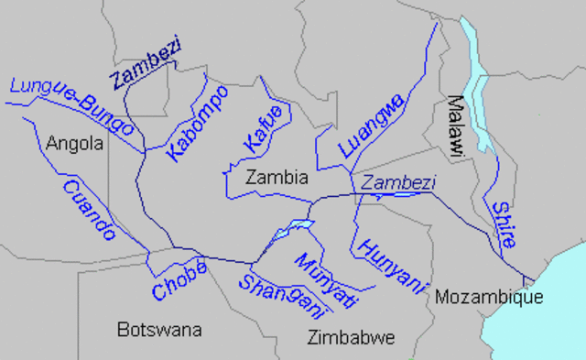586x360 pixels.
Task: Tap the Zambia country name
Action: tap(276, 178)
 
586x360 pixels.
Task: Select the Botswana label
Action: tap(158, 330)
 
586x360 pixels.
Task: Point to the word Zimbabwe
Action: tap(352, 337)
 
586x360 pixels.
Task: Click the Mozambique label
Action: tap(489, 297)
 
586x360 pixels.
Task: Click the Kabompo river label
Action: tap(198, 125)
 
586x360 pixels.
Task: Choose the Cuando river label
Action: tap(88, 210)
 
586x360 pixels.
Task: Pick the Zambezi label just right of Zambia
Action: tap(397, 182)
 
